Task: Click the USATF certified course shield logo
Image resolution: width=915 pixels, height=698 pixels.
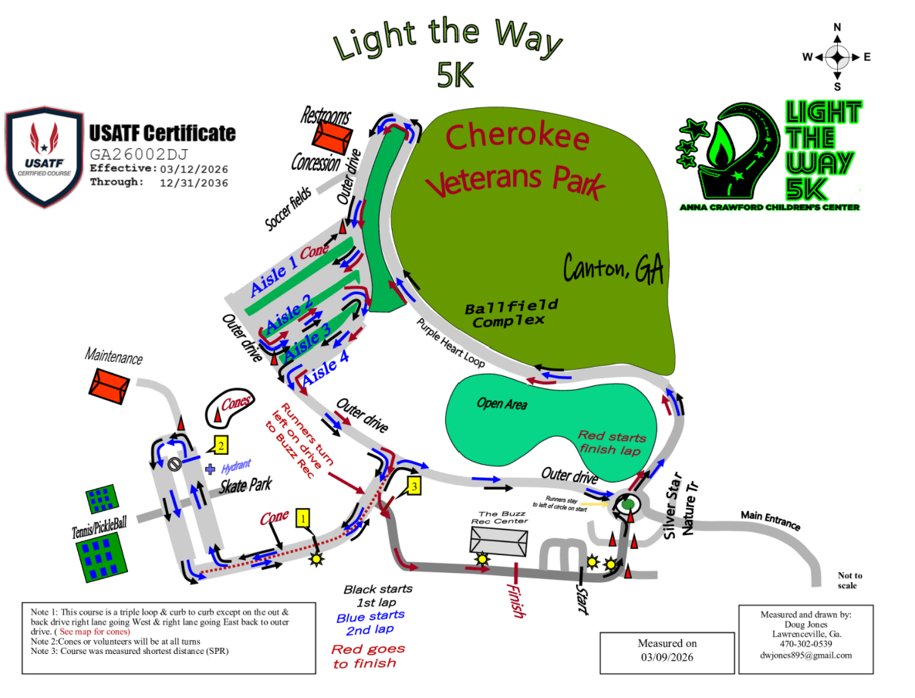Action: (x=44, y=159)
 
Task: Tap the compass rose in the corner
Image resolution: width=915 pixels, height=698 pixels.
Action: (x=837, y=56)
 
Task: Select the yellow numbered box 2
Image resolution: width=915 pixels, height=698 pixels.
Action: (x=220, y=446)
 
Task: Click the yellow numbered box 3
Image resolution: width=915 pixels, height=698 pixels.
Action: (x=414, y=486)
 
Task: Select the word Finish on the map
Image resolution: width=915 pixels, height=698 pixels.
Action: (x=515, y=598)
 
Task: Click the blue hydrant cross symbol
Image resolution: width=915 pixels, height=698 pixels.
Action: (x=210, y=469)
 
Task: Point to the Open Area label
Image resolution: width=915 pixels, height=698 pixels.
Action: (x=501, y=404)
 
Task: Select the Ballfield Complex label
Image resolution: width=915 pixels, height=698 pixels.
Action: (x=510, y=313)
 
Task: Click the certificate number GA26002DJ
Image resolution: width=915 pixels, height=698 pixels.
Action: (x=139, y=154)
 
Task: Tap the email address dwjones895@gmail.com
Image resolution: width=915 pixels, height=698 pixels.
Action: (x=805, y=655)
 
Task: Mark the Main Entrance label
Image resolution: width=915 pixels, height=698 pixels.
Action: (x=770, y=520)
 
